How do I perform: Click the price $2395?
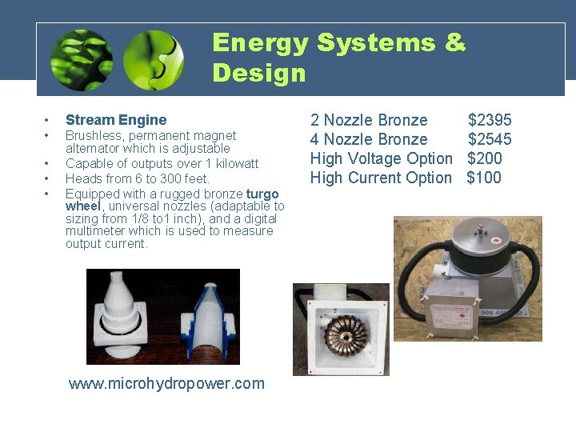(490, 121)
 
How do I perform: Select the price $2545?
(490, 140)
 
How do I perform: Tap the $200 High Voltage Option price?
(485, 158)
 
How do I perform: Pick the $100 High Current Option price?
(484, 178)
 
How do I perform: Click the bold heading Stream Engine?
(116, 120)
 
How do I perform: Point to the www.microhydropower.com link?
(166, 383)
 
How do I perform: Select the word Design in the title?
(259, 73)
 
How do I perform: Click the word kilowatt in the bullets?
(231, 164)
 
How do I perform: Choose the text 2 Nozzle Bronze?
(369, 121)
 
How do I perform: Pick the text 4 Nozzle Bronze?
(369, 140)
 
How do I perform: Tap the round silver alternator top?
(470, 237)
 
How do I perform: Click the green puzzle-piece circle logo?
(154, 60)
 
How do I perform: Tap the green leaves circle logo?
(81, 60)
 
